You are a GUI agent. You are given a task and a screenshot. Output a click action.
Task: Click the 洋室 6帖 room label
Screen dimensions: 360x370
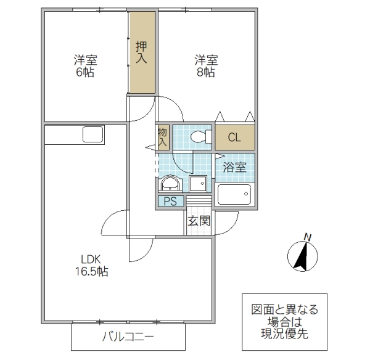pos(86,66)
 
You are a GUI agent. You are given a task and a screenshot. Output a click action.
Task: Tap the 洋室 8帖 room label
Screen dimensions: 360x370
pos(205,66)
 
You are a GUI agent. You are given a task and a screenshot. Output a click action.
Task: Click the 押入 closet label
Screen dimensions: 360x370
pos(141,53)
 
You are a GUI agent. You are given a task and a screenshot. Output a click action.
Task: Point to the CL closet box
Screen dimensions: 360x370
pos(234,137)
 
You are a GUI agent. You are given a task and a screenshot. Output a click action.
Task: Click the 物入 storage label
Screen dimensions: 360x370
pos(163,137)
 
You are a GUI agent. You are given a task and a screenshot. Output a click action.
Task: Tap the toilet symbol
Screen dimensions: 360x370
pos(199,136)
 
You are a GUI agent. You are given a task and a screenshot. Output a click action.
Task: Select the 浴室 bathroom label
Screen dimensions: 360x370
pos(234,166)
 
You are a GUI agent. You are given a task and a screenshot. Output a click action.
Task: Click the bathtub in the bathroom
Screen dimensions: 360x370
pos(234,195)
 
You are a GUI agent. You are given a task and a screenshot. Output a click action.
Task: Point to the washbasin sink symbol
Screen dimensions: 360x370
pos(169,184)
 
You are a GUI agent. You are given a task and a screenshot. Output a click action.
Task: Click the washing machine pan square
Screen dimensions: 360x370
pos(198,184)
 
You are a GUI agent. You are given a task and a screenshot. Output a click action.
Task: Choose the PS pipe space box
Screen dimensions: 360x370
pos(170,201)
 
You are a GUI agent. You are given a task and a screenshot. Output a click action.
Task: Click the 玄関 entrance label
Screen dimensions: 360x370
pos(199,221)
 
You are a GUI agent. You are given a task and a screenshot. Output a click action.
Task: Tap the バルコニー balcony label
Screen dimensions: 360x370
pos(128,338)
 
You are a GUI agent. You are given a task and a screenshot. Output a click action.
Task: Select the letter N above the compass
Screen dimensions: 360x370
pos(308,237)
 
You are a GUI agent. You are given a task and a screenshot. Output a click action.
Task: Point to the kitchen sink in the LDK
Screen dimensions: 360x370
pos(92,134)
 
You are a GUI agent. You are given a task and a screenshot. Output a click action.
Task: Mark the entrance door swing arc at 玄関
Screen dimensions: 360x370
pos(228,223)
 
